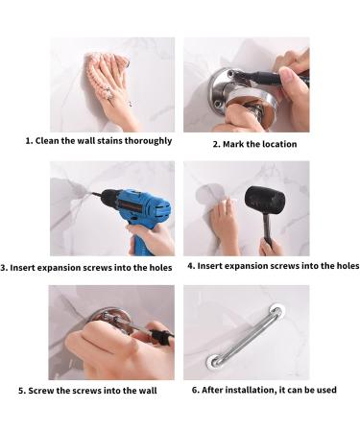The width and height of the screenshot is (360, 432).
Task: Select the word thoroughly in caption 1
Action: tap(147, 140)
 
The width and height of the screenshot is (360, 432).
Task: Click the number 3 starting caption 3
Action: tap(6, 267)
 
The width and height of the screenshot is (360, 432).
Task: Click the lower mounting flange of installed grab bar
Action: tap(214, 362)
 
